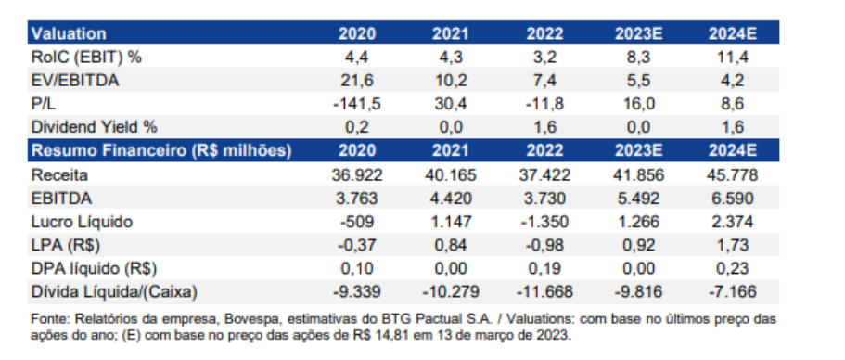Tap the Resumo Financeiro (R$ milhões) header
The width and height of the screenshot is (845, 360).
coord(161,150)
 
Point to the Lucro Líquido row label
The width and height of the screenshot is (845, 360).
coord(83,222)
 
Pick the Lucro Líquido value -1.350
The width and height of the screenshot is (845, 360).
coord(544,222)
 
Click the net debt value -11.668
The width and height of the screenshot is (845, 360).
coord(544,293)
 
